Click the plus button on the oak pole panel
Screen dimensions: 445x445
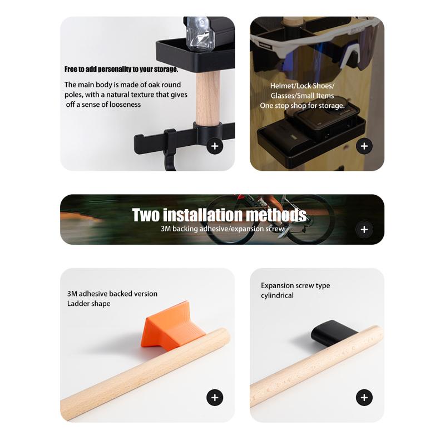pos(215,146)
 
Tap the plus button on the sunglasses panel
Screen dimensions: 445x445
pos(364,146)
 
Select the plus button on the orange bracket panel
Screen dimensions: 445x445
pos(215,397)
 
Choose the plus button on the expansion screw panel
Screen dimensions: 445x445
pos(364,397)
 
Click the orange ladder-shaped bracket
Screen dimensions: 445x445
pos(172,327)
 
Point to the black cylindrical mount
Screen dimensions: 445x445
pos(333,333)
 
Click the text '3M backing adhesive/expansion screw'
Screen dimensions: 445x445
pos(222,229)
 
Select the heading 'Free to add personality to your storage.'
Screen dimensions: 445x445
pos(121,69)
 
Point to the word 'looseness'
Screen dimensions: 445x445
pos(125,105)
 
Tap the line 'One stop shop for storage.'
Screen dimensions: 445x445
pos(302,106)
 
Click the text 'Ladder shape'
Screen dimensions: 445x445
pos(89,304)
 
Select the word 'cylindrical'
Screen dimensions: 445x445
pos(277,295)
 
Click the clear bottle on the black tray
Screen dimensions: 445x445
pos(200,33)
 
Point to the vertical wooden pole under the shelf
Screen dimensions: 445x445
pos(207,98)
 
